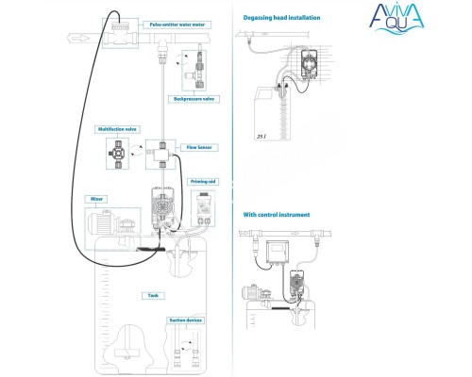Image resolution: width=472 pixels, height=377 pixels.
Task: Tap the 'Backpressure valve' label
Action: click(192, 97)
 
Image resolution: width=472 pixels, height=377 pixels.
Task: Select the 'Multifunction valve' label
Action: click(119, 129)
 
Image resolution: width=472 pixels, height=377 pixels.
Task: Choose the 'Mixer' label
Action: click(96, 199)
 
